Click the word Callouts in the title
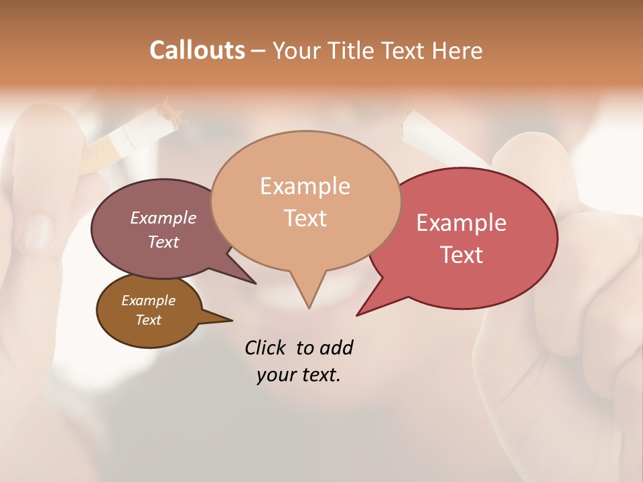[197, 50]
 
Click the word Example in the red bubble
[461, 223]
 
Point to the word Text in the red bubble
[461, 254]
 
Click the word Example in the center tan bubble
[305, 186]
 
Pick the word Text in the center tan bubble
[305, 218]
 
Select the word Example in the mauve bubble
[163, 218]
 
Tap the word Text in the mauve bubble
[163, 242]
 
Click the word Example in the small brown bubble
[148, 301]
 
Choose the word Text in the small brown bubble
[148, 320]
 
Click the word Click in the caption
[266, 347]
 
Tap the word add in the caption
[336, 347]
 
